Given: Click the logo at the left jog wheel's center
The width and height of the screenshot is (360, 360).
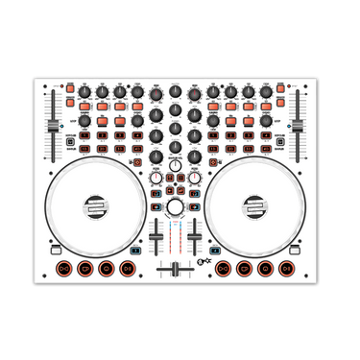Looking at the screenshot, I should (95, 206).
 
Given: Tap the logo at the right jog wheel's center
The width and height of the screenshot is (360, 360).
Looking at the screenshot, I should (255, 206).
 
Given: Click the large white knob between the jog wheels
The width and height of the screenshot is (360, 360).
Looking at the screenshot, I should (175, 207).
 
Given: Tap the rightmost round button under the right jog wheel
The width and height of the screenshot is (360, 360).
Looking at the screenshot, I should (286, 269).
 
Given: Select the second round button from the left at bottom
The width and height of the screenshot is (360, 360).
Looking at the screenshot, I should (84, 269).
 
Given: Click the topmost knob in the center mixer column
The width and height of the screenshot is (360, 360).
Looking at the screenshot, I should (175, 92).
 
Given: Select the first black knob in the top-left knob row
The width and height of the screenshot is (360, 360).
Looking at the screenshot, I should (84, 92).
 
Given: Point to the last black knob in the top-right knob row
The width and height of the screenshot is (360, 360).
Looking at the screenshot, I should (266, 92).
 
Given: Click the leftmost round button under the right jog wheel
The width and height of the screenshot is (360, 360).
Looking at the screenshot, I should (223, 269).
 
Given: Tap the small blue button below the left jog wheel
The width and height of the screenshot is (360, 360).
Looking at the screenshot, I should (134, 251).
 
